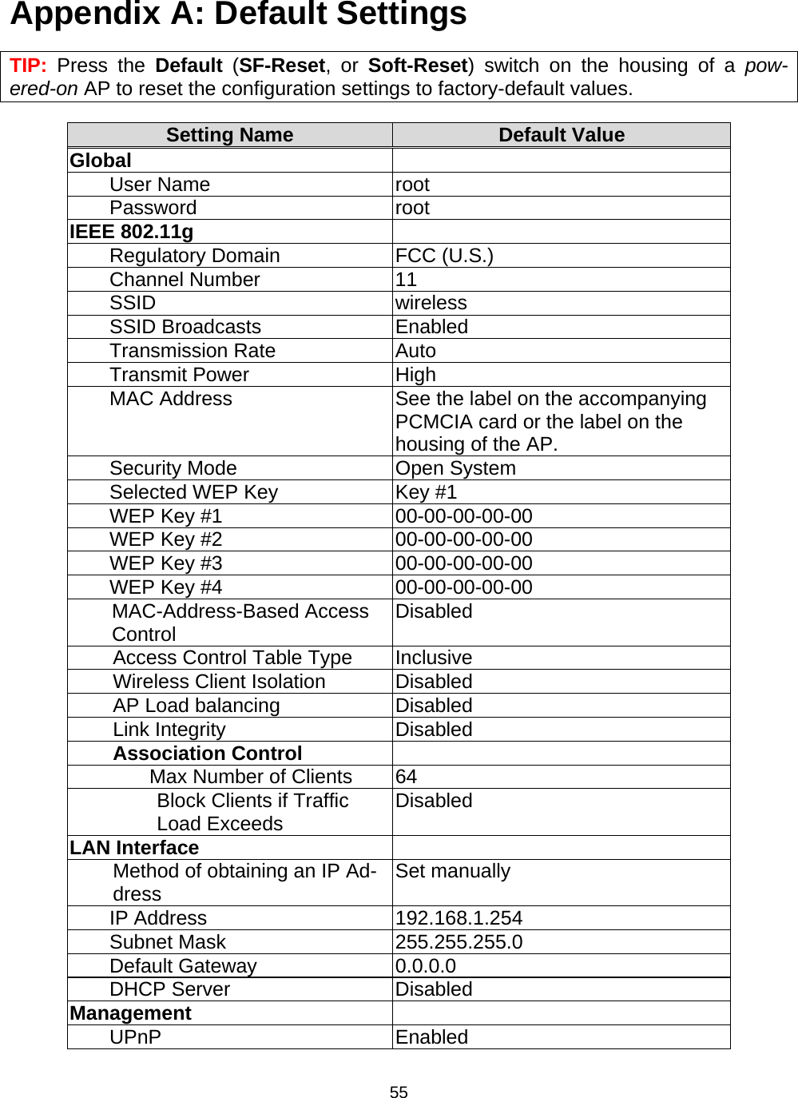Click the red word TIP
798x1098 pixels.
tap(27, 66)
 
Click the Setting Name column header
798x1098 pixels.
tap(229, 135)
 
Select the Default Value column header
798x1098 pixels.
tap(561, 135)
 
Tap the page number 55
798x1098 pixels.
tap(399, 1092)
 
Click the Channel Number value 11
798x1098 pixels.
tap(406, 280)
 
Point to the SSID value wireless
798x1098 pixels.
tap(431, 303)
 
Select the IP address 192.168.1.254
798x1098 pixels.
tap(459, 918)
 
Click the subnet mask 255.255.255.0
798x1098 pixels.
tap(459, 942)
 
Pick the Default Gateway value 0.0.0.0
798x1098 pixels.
tap(425, 966)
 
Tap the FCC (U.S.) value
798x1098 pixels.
tap(444, 256)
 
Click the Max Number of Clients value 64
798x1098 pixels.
tap(406, 777)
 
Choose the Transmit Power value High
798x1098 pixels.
tap(415, 375)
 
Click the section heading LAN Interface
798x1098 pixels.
tap(134, 848)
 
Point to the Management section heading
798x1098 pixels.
tap(130, 1013)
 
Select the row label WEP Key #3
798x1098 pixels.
tap(165, 563)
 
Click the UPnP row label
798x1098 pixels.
tap(135, 1037)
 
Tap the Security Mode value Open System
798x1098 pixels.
tap(455, 468)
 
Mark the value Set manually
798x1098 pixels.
tap(452, 871)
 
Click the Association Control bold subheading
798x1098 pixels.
tap(207, 754)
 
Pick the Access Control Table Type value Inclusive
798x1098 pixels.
tap(433, 658)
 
